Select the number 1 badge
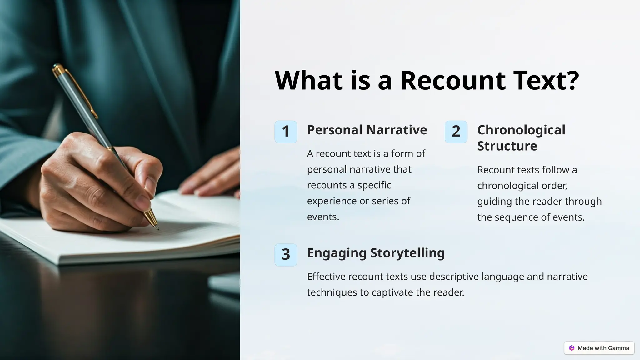[x=286, y=132]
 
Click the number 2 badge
[x=456, y=132]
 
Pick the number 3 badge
[x=286, y=255]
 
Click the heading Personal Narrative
[x=367, y=130]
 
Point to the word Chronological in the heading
[x=521, y=130]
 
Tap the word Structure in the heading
[x=507, y=146]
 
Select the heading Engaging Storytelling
[x=376, y=253]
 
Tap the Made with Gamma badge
[x=599, y=348]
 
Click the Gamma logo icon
[x=572, y=348]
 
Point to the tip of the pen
[x=158, y=229]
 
